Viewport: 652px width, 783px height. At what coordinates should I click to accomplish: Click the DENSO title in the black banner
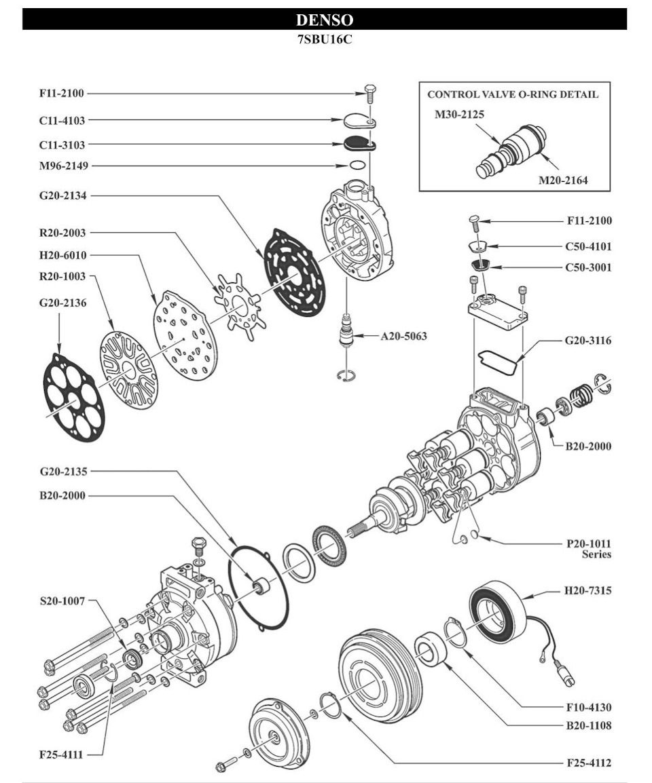coord(325,20)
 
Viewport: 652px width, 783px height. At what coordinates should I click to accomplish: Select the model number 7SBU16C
coord(325,39)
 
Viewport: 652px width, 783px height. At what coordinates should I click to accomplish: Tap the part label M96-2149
coord(63,166)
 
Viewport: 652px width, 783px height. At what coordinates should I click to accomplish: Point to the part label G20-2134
coord(62,195)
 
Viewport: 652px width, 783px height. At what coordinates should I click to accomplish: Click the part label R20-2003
coord(62,233)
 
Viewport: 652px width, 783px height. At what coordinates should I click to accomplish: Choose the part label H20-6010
coord(62,255)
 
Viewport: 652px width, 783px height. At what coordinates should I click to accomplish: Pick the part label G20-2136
coord(62,303)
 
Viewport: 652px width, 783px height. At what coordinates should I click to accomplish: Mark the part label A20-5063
coord(404,336)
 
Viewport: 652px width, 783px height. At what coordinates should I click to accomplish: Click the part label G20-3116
coord(588,341)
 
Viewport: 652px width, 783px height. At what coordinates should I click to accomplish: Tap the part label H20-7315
coord(588,591)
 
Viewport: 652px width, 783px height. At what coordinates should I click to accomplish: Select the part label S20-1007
coord(62,600)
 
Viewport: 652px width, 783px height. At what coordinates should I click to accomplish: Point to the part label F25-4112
coord(589,763)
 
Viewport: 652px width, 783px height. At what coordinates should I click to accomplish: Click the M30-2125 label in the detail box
coord(459,115)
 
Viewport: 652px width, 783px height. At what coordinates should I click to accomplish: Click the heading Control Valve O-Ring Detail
coord(513,94)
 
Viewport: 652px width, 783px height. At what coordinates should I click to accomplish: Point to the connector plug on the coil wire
coord(566,673)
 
